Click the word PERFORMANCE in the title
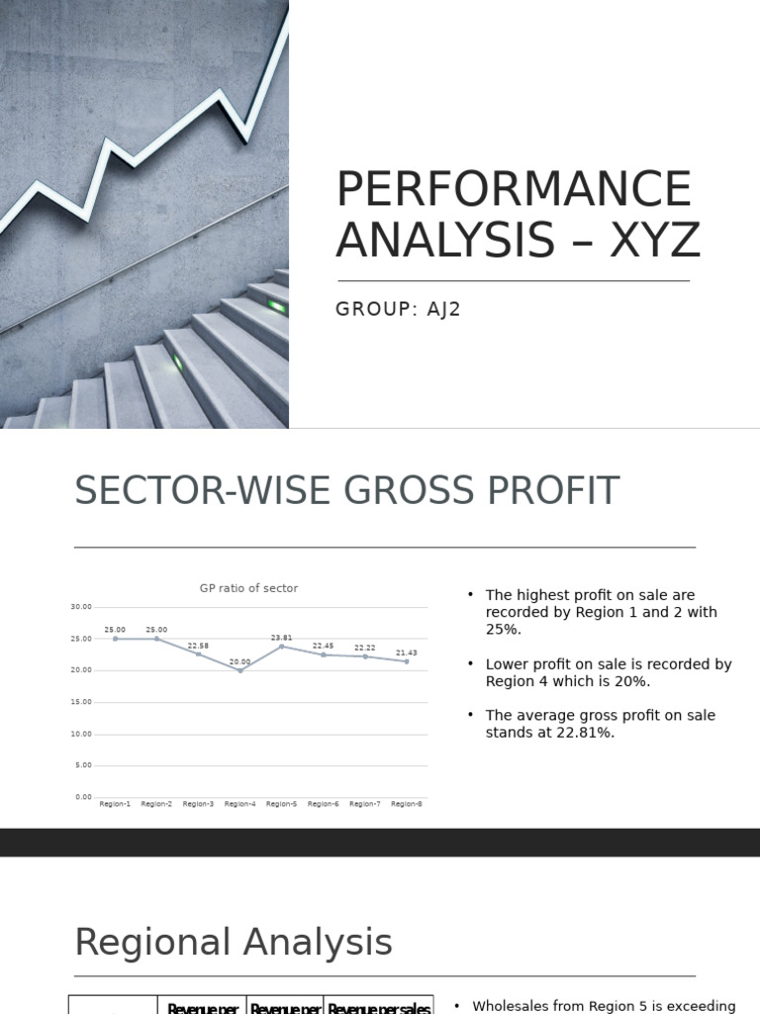coord(514,190)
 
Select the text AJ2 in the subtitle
coord(441,309)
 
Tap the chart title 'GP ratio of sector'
coord(248,588)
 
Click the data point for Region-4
coord(240,670)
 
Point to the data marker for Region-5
coord(282,647)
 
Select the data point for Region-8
coord(407,661)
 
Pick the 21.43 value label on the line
coord(407,653)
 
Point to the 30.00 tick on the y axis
coord(81,607)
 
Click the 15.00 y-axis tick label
coord(81,702)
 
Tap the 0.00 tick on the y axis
coord(83,797)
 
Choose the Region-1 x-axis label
coord(115,804)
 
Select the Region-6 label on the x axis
coord(323,804)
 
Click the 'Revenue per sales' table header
coord(379,1008)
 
